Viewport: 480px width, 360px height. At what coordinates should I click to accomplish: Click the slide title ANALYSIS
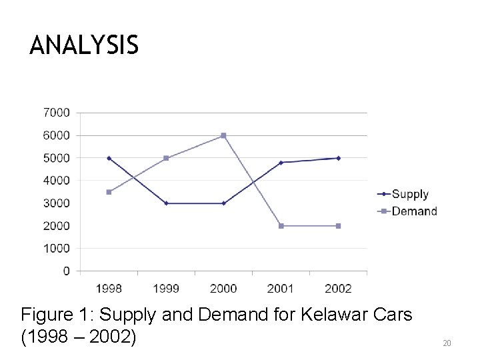(84, 46)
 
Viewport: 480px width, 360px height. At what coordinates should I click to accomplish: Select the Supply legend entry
(409, 194)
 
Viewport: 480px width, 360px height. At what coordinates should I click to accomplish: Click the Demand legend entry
(413, 211)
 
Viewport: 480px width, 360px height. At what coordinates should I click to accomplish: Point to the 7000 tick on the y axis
(57, 113)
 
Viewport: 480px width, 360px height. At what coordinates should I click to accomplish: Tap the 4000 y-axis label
(57, 181)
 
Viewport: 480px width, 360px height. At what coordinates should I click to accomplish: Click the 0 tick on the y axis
(66, 271)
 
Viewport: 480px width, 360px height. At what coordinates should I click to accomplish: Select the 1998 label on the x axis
(109, 288)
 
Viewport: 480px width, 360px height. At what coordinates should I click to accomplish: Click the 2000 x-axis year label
(223, 288)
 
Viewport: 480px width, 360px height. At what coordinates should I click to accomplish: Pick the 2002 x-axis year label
(338, 288)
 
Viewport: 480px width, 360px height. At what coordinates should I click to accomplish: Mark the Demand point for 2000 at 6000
(223, 135)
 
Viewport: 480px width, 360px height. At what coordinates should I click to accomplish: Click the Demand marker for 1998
(109, 192)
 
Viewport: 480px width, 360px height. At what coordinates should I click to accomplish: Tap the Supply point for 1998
(109, 158)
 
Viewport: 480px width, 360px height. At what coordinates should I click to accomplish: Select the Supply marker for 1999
(166, 203)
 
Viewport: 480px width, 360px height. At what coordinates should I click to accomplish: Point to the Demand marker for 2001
(281, 226)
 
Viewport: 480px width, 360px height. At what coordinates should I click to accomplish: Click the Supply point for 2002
(338, 158)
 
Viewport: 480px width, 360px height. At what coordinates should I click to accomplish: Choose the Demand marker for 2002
(338, 226)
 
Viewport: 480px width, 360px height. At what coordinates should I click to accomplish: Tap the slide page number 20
(447, 343)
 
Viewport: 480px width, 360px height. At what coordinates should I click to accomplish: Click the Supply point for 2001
(281, 163)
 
